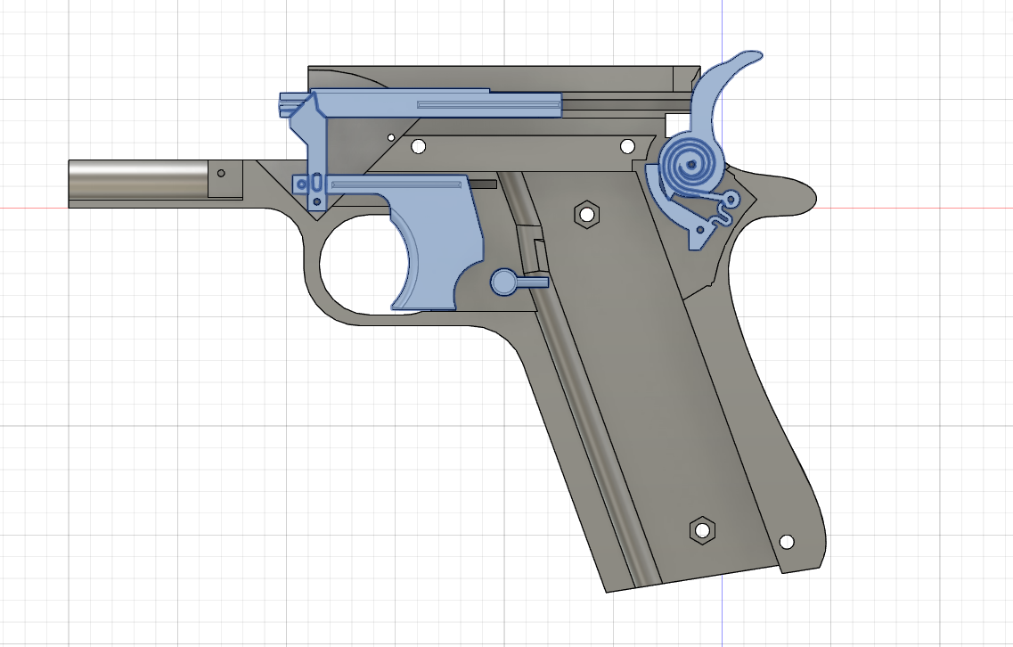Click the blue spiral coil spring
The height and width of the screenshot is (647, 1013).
pyautogui.click(x=689, y=163)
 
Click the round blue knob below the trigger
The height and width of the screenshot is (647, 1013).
pyautogui.click(x=503, y=282)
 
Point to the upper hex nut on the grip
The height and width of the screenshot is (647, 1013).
pyautogui.click(x=585, y=215)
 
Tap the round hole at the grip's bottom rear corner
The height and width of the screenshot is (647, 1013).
pyautogui.click(x=787, y=541)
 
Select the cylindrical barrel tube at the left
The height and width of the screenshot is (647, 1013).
pyautogui.click(x=138, y=180)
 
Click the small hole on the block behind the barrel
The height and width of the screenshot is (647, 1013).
pyautogui.click(x=222, y=173)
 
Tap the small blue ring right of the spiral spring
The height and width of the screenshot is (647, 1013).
pyautogui.click(x=733, y=197)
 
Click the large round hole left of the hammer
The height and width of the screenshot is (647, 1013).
pyautogui.click(x=627, y=145)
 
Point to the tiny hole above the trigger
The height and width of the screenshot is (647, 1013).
pyautogui.click(x=391, y=137)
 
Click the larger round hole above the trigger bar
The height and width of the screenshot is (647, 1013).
pyautogui.click(x=416, y=145)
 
